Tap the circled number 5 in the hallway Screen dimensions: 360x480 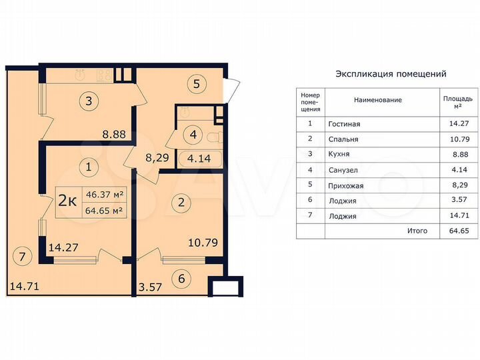(x=196, y=85)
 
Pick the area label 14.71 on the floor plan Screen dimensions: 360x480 (x=23, y=287)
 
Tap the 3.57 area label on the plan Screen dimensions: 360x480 (x=151, y=287)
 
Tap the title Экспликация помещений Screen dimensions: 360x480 (x=391, y=74)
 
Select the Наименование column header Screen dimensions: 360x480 (x=377, y=99)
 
